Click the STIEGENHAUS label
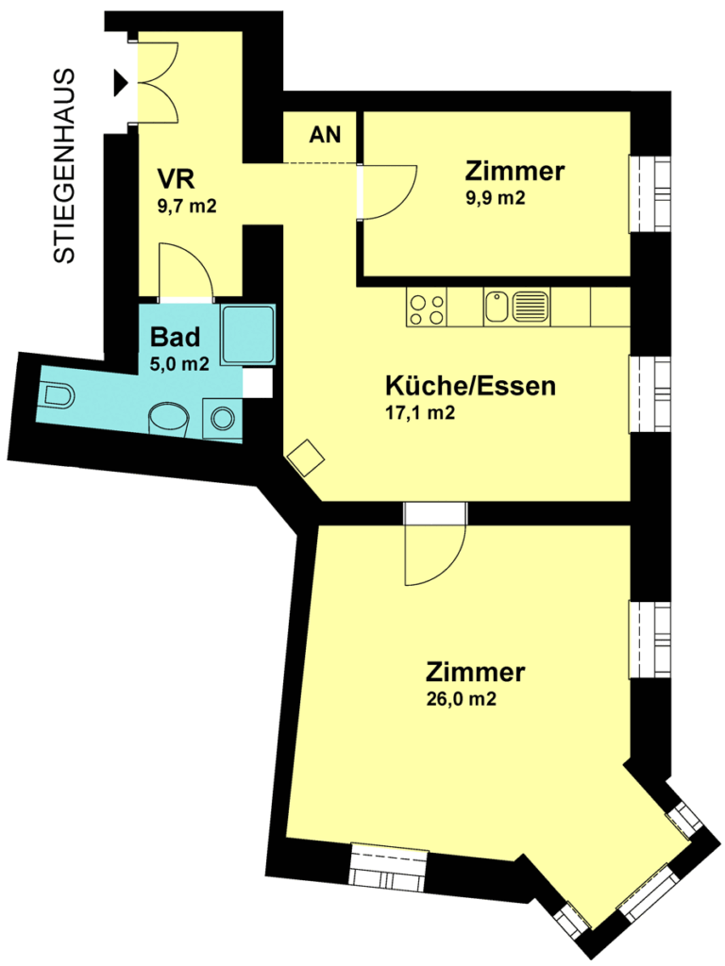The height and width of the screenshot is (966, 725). pos(64,166)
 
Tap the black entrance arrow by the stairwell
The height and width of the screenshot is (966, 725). pos(120,83)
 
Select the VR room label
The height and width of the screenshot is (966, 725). pos(176,178)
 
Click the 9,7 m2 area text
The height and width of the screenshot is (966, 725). pos(187,206)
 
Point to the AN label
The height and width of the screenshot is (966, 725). pos(325,134)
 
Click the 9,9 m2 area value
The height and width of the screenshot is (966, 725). pos(496,198)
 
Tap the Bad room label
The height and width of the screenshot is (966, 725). pos(175,337)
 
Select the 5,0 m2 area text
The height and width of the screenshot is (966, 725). pos(179,363)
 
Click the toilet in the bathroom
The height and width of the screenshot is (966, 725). pos(56,395)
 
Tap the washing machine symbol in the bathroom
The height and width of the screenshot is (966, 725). pos(223,418)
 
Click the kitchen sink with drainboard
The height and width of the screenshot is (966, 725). pos(516,307)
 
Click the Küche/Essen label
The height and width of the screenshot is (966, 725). pos(470,386)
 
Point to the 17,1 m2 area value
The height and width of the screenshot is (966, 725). pos(420,412)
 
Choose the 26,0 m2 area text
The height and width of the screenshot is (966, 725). pos(461,699)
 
